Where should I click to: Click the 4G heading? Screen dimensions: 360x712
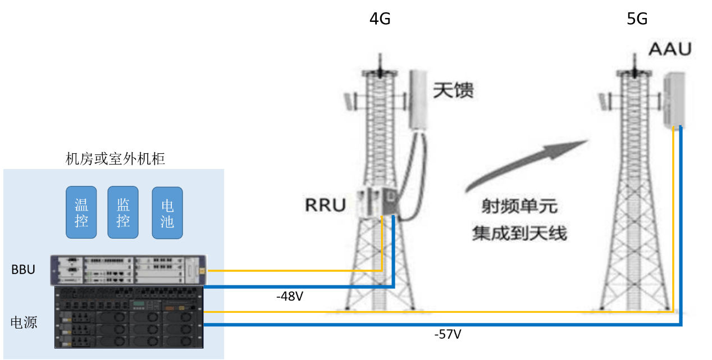tap(380, 19)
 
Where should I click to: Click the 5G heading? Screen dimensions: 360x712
tap(637, 19)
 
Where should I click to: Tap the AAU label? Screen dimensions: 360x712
tap(670, 49)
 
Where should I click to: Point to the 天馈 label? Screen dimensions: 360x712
tap(453, 90)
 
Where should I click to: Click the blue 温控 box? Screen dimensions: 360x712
tap(81, 212)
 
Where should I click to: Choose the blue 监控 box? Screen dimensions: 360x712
tap(123, 212)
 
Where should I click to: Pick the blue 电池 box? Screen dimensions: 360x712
tap(167, 212)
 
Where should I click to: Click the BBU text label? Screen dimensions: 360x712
tap(24, 270)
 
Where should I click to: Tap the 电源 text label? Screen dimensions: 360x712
tap(24, 322)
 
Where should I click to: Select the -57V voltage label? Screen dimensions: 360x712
tap(448, 335)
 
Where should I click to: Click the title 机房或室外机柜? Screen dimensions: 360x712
tap(115, 159)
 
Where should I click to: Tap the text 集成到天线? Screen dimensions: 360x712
tap(519, 232)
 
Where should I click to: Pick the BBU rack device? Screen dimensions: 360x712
tap(128, 271)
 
